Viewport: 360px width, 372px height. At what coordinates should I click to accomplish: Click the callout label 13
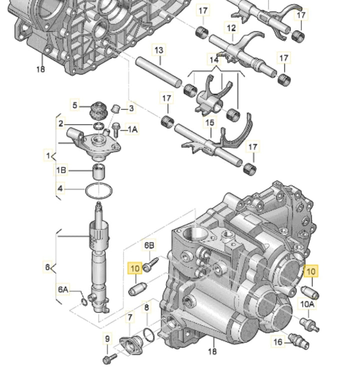(x=159, y=50)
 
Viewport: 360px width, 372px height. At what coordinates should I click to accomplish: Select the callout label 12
(x=231, y=28)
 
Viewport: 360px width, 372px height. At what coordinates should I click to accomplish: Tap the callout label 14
(x=214, y=59)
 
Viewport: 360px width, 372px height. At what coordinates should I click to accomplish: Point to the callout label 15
(x=209, y=123)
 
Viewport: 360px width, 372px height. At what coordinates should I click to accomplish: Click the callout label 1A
(x=132, y=129)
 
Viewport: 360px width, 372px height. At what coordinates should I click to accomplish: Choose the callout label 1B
(x=61, y=170)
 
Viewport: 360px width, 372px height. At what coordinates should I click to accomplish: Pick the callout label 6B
(x=149, y=246)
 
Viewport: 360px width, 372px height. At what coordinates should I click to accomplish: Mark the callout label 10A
(x=307, y=304)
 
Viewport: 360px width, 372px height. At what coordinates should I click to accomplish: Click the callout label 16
(x=277, y=342)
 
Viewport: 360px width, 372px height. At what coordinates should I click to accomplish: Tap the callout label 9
(x=107, y=339)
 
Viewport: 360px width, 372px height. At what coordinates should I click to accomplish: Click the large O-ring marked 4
(x=98, y=191)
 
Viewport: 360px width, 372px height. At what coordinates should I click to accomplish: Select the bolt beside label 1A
(x=116, y=129)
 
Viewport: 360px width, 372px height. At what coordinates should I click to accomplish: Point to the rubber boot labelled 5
(x=98, y=111)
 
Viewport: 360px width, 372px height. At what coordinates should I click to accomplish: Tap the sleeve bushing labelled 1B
(x=99, y=172)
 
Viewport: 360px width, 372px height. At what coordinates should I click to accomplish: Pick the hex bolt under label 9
(x=110, y=359)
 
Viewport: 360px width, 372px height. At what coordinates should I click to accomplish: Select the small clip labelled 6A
(x=84, y=302)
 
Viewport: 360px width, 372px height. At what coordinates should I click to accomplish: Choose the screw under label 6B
(x=150, y=265)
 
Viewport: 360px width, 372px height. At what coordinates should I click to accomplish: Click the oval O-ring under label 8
(x=149, y=335)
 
